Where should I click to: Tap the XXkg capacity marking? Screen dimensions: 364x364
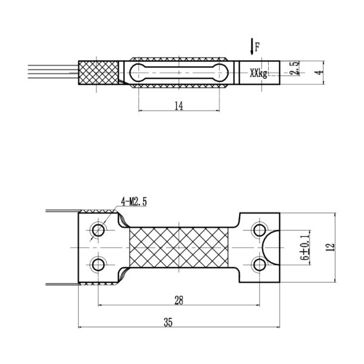click(x=258, y=73)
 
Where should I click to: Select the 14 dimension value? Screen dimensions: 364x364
click(x=178, y=106)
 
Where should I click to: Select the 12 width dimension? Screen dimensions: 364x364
click(x=329, y=248)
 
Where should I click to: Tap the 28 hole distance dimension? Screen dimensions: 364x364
click(x=178, y=300)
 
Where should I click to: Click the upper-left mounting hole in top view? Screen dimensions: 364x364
click(x=98, y=230)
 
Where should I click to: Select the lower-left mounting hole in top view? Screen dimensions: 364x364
click(x=98, y=265)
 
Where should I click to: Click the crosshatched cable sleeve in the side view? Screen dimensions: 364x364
click(x=98, y=73)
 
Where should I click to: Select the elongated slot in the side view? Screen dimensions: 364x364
click(x=179, y=72)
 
